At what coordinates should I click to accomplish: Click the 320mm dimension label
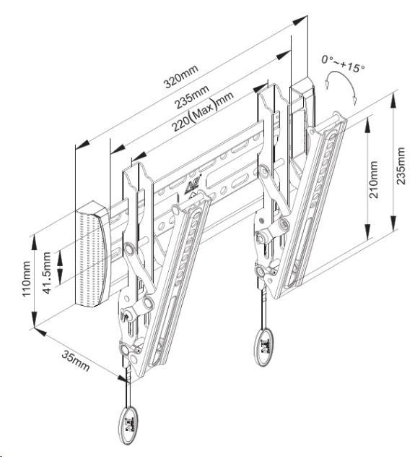click(x=180, y=76)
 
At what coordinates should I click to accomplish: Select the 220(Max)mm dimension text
click(x=202, y=111)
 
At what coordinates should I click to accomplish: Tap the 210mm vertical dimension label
click(x=374, y=179)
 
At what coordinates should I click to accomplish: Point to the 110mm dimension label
click(x=27, y=278)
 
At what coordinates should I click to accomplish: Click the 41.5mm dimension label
click(x=47, y=273)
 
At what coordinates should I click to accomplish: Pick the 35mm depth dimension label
click(x=76, y=362)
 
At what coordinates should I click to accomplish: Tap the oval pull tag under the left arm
click(x=128, y=425)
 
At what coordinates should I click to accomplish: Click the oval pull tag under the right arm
click(x=264, y=347)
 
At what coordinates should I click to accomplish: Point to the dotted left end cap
click(x=92, y=253)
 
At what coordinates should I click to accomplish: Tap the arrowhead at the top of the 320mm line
click(x=301, y=20)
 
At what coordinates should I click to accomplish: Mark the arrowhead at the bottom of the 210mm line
click(x=368, y=231)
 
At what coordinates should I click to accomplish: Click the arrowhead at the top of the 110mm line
click(x=35, y=242)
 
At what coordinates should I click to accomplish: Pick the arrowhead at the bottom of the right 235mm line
click(x=393, y=223)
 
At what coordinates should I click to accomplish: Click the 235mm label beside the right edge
click(x=401, y=166)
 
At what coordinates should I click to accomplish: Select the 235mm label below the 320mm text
click(x=191, y=97)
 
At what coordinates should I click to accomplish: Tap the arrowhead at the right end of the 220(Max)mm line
click(x=261, y=87)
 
